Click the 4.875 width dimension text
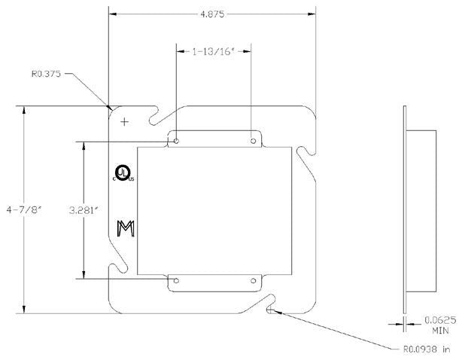tap(212, 14)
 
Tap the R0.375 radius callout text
tap(46, 73)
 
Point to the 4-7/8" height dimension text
tap(24, 210)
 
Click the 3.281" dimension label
tap(84, 210)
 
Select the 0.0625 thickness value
tap(440, 320)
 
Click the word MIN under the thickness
tap(440, 331)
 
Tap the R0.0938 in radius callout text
tap(427, 349)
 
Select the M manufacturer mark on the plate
tap(126, 228)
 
